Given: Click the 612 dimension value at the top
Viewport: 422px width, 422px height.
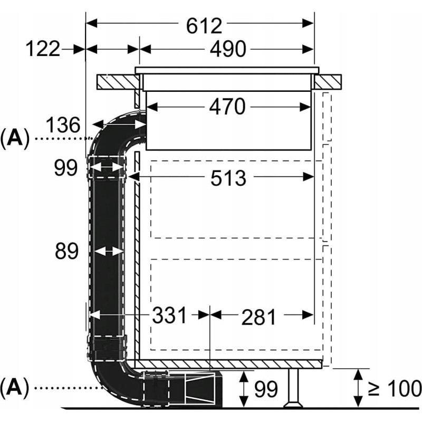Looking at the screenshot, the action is click(x=204, y=26).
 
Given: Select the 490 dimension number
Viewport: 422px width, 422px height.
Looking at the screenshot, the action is click(x=228, y=49).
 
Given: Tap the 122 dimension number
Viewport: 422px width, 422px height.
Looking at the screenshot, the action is click(x=43, y=49).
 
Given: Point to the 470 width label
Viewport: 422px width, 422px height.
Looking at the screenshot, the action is click(x=227, y=107).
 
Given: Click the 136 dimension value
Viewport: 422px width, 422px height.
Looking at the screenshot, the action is click(x=63, y=125).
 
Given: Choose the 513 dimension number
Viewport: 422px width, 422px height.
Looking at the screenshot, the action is click(x=228, y=178).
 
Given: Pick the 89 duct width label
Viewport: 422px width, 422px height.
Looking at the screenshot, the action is click(x=66, y=251).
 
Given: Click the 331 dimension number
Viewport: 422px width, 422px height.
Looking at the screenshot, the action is click(x=169, y=315).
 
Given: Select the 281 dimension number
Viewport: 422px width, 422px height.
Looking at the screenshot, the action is click(x=258, y=318).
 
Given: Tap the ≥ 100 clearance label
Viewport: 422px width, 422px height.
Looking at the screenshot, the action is click(x=394, y=388).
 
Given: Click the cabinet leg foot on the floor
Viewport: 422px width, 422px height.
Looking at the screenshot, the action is click(x=293, y=404).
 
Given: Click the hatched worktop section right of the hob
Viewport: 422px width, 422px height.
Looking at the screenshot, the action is click(x=327, y=82).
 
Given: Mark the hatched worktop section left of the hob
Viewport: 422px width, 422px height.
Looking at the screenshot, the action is click(x=118, y=82).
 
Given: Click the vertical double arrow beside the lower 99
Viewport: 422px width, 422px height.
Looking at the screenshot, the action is click(x=244, y=389).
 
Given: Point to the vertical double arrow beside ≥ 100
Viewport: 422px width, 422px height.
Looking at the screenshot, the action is click(x=358, y=388).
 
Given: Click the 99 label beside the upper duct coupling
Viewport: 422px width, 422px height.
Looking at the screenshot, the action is click(x=66, y=168).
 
